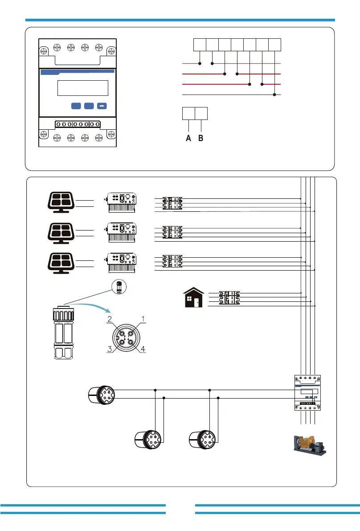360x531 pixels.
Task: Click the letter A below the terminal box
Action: (x=188, y=138)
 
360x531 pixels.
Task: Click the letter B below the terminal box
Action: (x=200, y=138)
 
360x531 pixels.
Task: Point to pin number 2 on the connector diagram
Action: (x=109, y=319)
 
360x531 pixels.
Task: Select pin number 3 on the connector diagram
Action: (x=109, y=350)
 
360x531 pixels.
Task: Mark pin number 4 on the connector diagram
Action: (x=143, y=350)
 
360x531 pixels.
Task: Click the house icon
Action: (x=194, y=297)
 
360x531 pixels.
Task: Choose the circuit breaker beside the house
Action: (x=229, y=298)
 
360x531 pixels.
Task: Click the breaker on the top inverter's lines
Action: (x=172, y=203)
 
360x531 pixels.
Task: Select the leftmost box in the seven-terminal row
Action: (x=200, y=45)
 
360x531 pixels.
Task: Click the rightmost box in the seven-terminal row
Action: (x=275, y=45)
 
